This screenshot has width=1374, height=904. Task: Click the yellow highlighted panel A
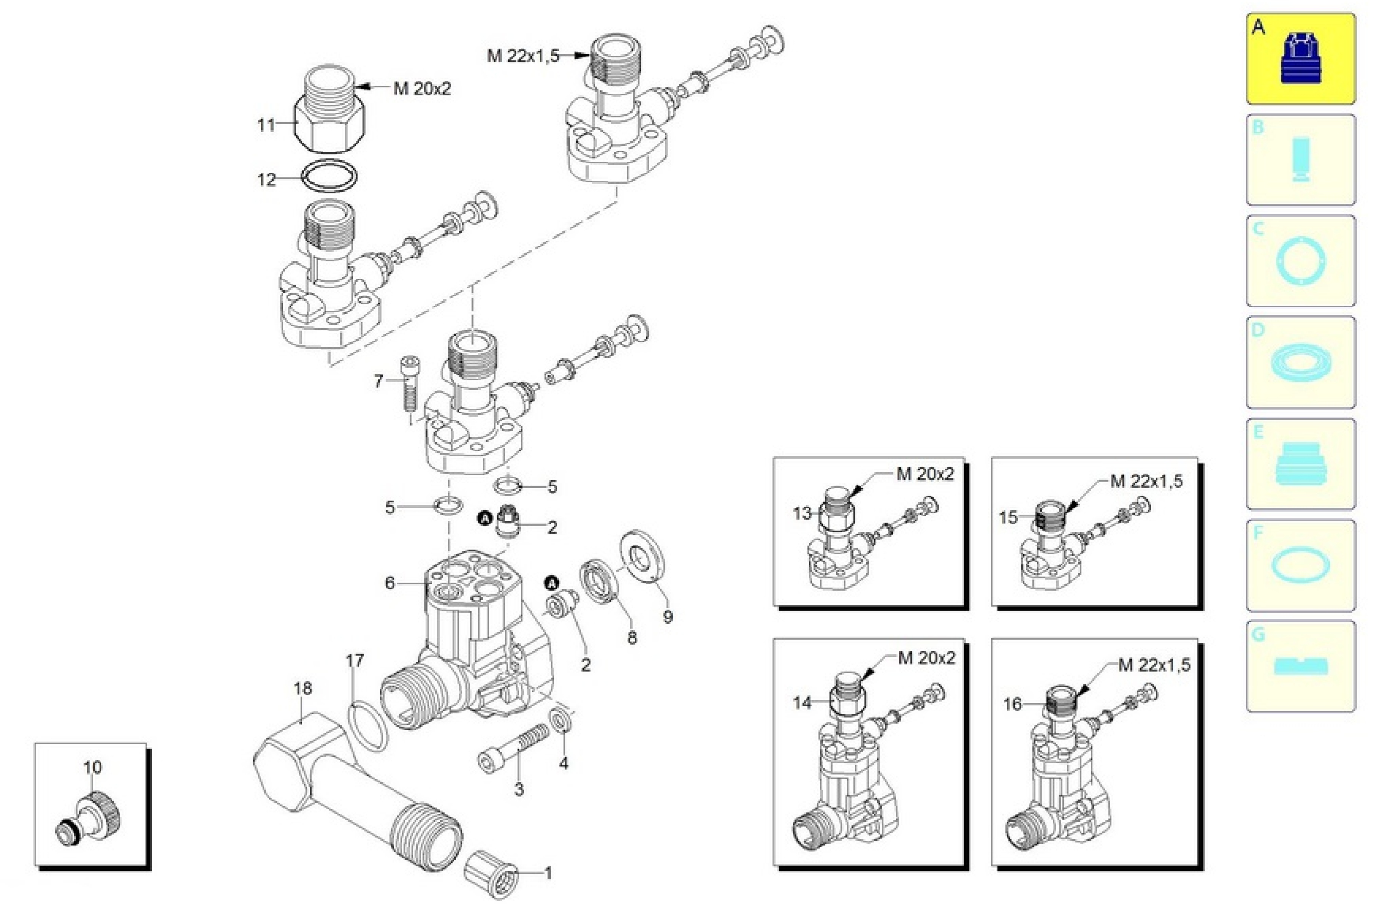1300,59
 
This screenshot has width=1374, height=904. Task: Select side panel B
1300,160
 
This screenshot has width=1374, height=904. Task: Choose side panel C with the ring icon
1300,261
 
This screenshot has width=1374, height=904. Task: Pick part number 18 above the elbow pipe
302,688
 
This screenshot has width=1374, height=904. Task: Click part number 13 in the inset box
802,513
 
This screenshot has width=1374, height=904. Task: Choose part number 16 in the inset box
1012,704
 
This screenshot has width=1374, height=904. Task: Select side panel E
1300,463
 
